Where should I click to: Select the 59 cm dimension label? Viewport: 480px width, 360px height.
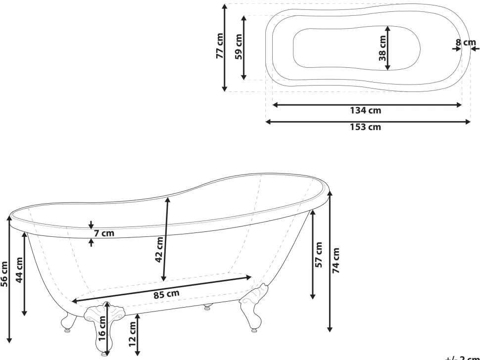[x=239, y=46]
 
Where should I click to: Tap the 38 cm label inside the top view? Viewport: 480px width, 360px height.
[x=382, y=48]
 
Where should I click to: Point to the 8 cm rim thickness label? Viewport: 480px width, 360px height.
[x=465, y=43]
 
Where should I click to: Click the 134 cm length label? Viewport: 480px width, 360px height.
[x=366, y=110]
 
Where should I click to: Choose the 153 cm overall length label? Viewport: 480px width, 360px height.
[x=366, y=127]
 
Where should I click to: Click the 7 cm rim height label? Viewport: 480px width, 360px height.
[x=104, y=233]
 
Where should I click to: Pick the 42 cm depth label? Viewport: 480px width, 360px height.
[x=159, y=251]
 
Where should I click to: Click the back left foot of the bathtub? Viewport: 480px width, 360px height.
[x=67, y=321]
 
